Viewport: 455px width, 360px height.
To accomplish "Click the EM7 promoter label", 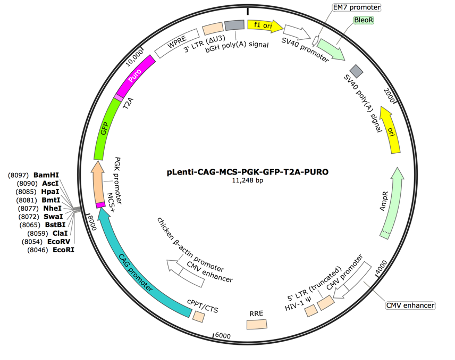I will tap(353, 7).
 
